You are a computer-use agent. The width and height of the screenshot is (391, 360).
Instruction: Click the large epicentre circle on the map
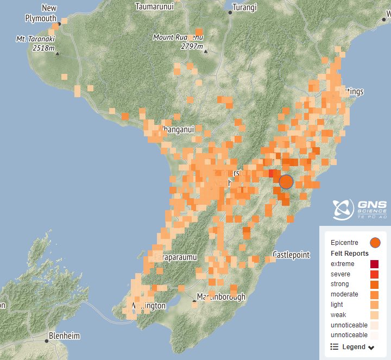[286, 181]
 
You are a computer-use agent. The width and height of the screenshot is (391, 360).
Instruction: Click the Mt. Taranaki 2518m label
[36, 43]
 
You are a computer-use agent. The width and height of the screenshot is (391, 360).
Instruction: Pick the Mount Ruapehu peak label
[178, 42]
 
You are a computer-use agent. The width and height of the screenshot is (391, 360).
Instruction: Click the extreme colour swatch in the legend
[375, 264]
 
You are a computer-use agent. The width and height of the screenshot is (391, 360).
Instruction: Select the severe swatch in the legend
[375, 274]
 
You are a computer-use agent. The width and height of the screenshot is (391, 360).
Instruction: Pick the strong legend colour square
[375, 285]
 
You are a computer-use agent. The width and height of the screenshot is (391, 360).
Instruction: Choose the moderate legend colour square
[375, 295]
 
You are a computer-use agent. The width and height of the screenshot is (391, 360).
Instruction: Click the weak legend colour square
[375, 315]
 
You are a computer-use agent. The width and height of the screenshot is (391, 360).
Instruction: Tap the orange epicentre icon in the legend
[375, 242]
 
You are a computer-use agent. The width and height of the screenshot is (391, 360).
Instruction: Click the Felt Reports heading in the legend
[350, 254]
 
